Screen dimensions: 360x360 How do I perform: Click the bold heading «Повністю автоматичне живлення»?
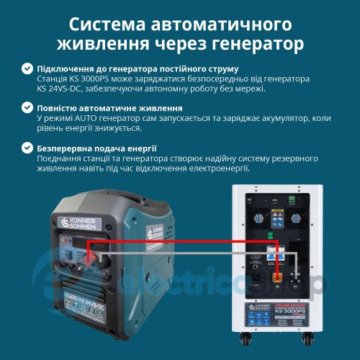pos(104,108)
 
